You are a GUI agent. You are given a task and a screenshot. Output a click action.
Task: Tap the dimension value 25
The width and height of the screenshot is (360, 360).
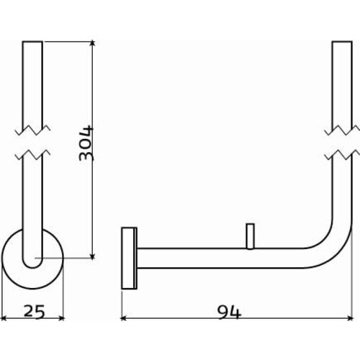33,312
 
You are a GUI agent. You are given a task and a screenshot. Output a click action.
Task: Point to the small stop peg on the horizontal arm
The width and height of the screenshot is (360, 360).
249,237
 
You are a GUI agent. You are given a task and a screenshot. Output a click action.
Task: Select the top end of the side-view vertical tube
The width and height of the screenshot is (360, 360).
341,43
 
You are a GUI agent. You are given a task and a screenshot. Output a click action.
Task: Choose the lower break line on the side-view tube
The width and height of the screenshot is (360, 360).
341,153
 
